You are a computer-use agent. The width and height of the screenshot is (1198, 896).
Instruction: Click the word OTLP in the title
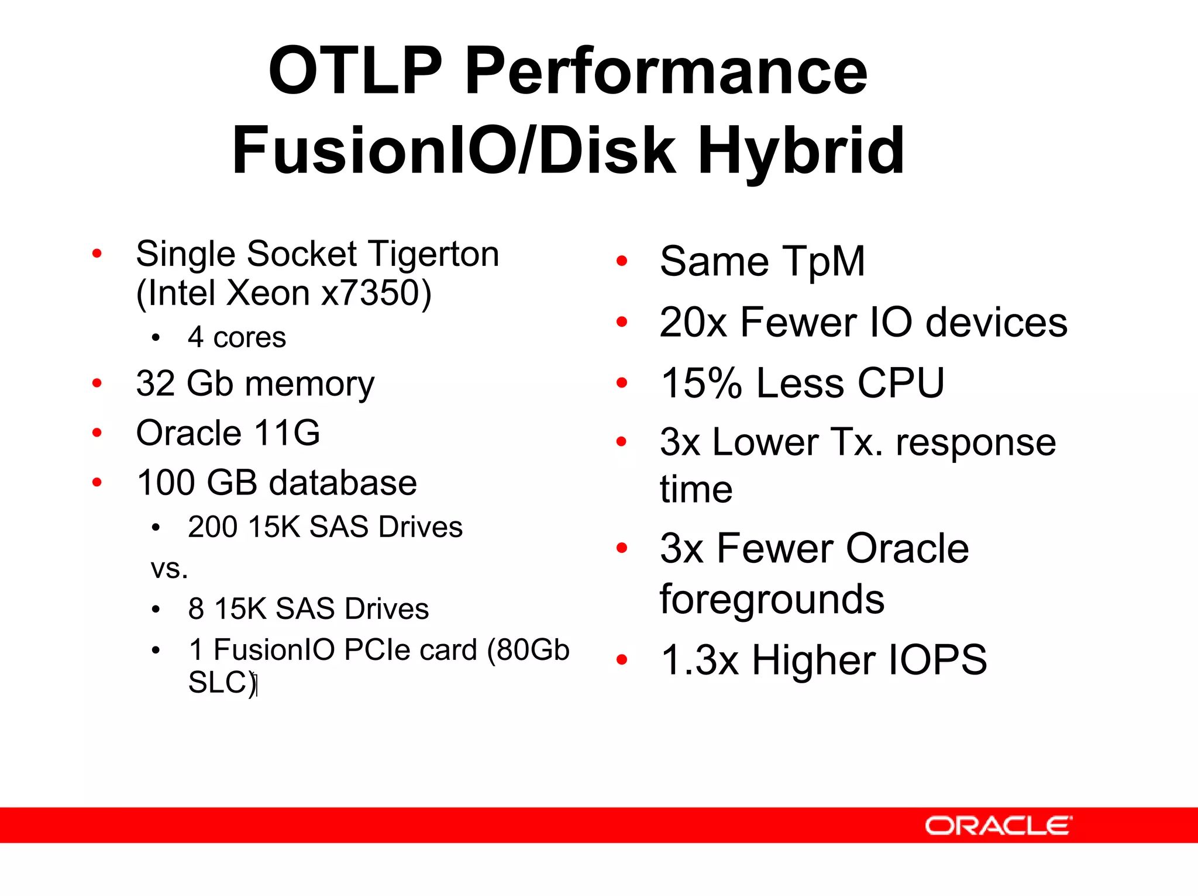click(356, 71)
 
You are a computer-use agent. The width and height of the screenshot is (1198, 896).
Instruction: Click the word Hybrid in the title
click(801, 151)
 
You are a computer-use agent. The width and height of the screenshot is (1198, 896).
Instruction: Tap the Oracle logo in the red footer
click(998, 826)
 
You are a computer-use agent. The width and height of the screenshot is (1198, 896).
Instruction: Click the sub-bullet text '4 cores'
click(237, 338)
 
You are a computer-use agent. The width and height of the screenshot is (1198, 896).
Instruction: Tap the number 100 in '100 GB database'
click(166, 483)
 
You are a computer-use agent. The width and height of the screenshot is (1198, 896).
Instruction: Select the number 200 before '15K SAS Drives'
click(212, 527)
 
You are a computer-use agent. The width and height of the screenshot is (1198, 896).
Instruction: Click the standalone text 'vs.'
click(170, 569)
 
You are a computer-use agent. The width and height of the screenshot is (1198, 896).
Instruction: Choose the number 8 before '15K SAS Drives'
click(196, 608)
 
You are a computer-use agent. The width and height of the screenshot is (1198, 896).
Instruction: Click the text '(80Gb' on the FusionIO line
click(528, 650)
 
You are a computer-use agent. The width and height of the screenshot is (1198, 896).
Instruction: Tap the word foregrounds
click(772, 600)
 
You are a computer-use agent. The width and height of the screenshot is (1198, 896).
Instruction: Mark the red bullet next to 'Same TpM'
click(622, 261)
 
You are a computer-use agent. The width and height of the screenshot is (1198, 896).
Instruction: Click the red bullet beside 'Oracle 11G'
click(97, 433)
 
